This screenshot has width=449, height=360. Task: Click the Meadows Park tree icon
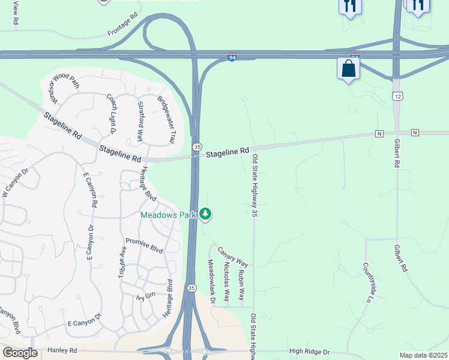tap(206, 214)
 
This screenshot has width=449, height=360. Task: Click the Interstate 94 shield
tap(232, 58)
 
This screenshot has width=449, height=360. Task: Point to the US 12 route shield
tap(397, 96)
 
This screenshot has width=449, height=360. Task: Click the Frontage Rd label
tap(123, 23)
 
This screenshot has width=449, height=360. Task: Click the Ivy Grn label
tap(146, 296)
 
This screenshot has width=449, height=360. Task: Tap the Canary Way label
tap(232, 257)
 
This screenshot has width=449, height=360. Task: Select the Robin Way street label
tap(241, 285)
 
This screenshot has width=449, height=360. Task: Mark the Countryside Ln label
tap(369, 281)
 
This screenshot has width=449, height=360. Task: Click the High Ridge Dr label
tap(309, 351)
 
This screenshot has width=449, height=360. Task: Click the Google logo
tap(20, 353)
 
